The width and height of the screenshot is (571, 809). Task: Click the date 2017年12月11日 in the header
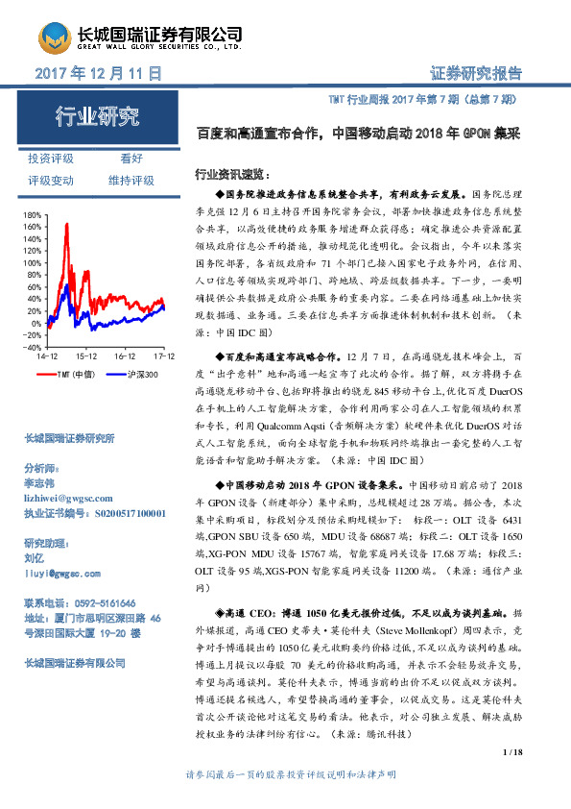pos(97,74)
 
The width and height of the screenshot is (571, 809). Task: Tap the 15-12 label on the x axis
pos(86,355)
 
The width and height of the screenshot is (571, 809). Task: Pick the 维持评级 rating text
pos(131,180)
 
